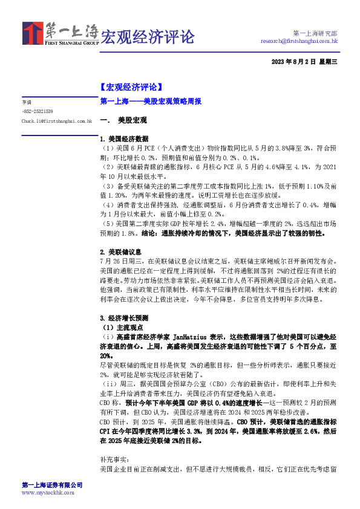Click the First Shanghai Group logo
pyautogui.click(x=61, y=34)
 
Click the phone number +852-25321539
pyautogui.click(x=37, y=111)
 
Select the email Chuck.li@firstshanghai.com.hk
pyautogui.click(x=56, y=121)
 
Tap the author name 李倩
pyautogui.click(x=27, y=102)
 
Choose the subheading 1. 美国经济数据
pyautogui.click(x=123, y=138)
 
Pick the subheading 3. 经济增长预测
pyautogui.click(x=123, y=317)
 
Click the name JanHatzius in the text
pyautogui.click(x=191, y=336)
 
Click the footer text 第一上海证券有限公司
pyautogui.click(x=52, y=485)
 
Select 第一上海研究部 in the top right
pyautogui.click(x=315, y=33)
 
